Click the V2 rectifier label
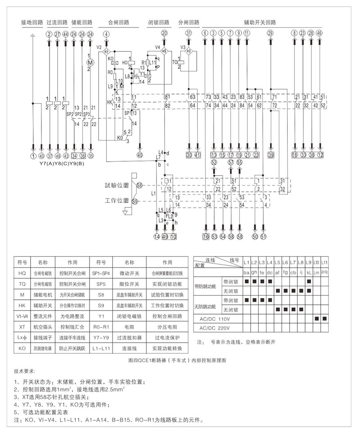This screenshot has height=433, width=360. [x=99, y=47]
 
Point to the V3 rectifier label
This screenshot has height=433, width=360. [x=183, y=47]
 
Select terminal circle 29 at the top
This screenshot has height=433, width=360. [x=270, y=33]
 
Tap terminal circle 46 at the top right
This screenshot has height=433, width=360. [x=319, y=33]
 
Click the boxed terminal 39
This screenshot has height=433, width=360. [x=271, y=155]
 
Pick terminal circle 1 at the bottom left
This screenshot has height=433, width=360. [x=33, y=156]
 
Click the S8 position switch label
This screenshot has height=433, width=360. [x=139, y=185]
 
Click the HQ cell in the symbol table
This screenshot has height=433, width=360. [x=22, y=273]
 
